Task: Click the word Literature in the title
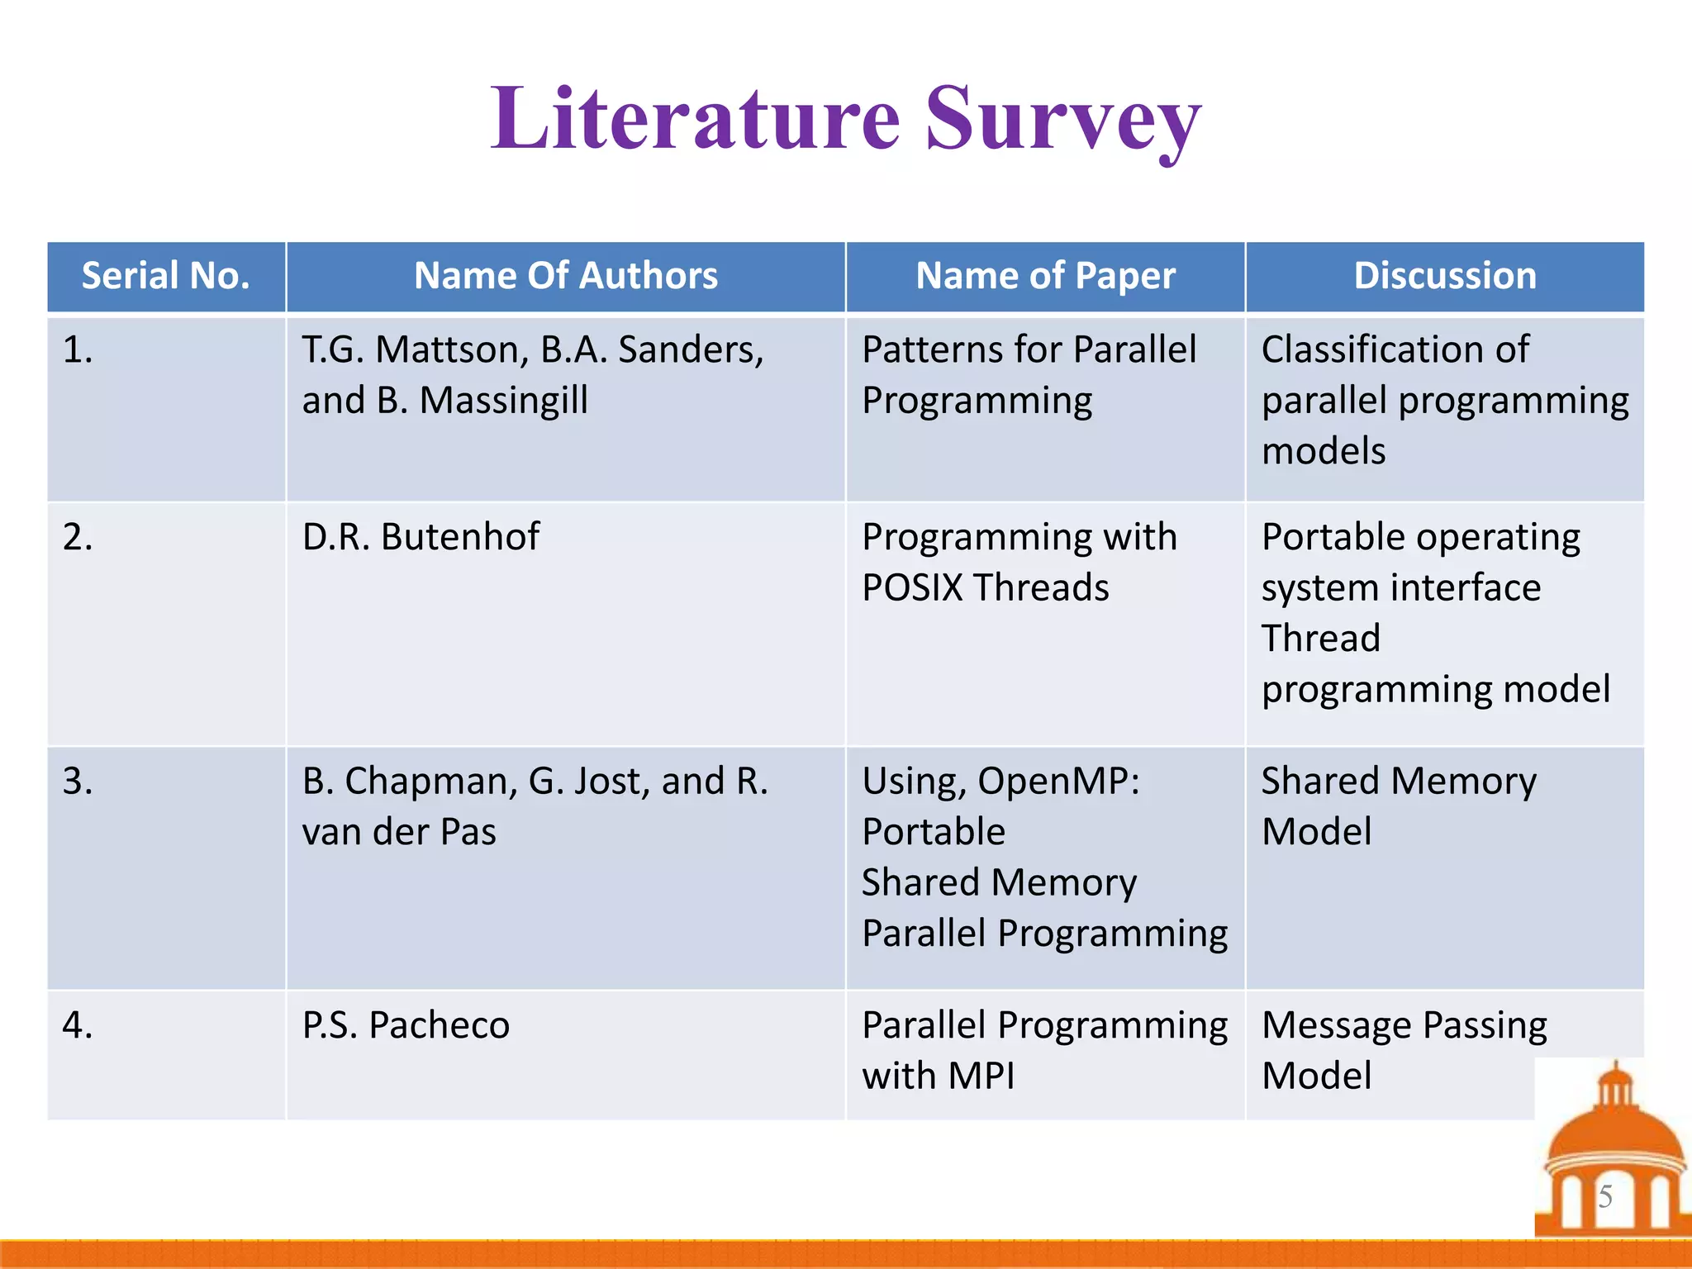pos(695,120)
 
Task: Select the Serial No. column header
pos(165,276)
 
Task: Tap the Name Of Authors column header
pos(566,276)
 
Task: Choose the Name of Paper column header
pos(1045,276)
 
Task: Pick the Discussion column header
pos(1445,276)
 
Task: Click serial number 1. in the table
pos(78,350)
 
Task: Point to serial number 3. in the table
pos(78,782)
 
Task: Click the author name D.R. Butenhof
pos(421,537)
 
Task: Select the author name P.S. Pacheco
pos(406,1025)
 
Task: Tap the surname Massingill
pos(503,401)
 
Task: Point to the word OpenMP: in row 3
pos(1058,782)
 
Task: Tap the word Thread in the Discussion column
pos(1320,639)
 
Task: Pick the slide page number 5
pos(1605,1196)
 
